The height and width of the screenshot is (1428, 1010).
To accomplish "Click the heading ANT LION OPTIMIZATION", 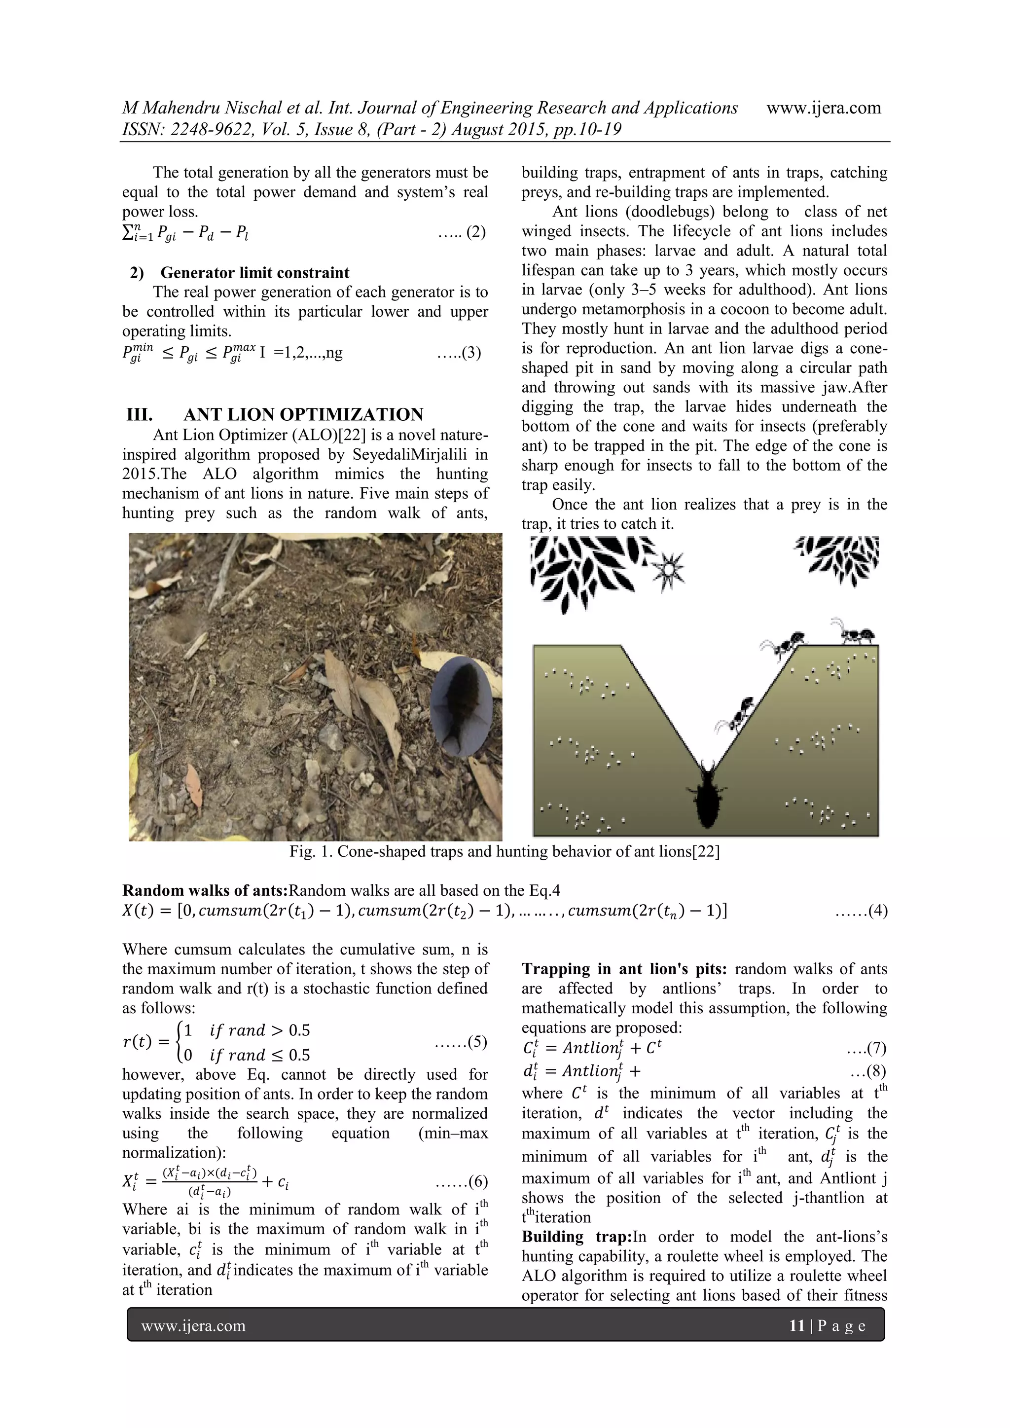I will pos(303,414).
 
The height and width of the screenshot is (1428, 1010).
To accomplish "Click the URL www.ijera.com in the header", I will pos(824,108).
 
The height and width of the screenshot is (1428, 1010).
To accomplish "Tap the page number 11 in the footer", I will pos(796,1325).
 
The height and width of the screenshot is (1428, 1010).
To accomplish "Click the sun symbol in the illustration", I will pos(668,569).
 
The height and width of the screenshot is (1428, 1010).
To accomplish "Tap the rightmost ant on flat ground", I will pos(857,632).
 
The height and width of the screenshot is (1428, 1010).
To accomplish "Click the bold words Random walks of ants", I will pos(205,891).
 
